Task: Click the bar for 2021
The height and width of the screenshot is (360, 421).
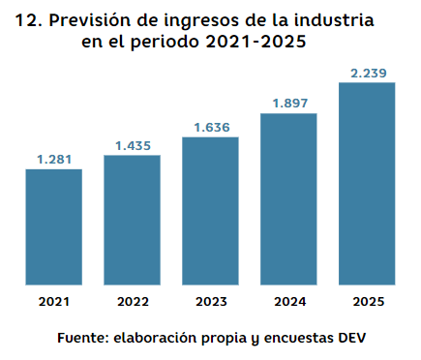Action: click(x=53, y=227)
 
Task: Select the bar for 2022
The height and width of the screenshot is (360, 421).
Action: click(x=132, y=220)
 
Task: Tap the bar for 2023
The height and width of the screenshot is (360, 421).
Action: click(x=210, y=211)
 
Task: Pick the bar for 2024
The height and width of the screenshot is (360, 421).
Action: click(x=288, y=199)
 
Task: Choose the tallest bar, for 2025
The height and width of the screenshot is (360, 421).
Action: click(x=367, y=184)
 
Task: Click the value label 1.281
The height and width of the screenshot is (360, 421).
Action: click(x=53, y=159)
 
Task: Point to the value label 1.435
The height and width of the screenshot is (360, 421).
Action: click(x=132, y=144)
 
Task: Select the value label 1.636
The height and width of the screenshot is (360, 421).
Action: click(x=210, y=126)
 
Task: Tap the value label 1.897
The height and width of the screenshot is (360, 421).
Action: click(x=288, y=103)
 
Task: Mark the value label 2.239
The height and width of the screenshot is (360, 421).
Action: click(x=367, y=72)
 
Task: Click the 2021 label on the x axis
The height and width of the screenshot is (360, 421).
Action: click(x=53, y=302)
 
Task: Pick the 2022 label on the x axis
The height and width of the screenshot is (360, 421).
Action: click(x=132, y=302)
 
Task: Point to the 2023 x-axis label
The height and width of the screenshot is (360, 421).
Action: click(x=210, y=302)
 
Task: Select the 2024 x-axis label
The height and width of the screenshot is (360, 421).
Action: click(x=288, y=302)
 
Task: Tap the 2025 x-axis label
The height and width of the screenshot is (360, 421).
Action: click(x=367, y=302)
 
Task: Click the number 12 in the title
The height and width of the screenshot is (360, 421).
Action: click(x=30, y=19)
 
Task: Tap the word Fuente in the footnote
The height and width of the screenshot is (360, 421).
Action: click(x=82, y=339)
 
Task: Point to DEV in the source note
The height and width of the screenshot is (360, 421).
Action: click(x=351, y=339)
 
